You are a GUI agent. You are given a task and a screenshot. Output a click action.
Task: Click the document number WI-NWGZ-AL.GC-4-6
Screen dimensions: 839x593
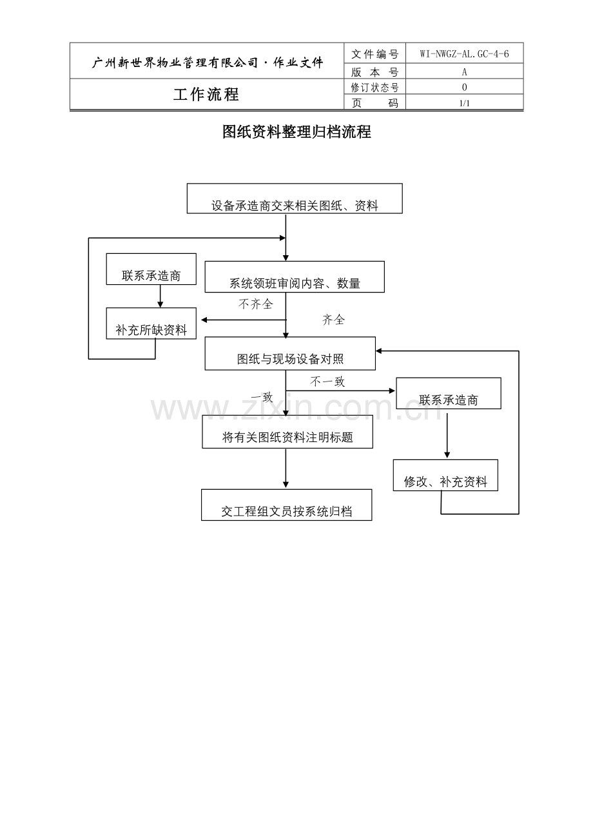464,54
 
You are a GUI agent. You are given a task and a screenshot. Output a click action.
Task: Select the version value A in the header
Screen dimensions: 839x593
464,72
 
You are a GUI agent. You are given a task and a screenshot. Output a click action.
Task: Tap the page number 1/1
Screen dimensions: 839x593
464,103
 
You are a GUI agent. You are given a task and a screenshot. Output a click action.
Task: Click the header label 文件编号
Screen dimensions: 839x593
375,54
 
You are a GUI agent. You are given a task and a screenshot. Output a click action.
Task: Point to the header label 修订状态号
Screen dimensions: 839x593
375,88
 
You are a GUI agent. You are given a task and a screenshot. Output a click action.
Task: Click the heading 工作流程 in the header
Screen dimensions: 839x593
206,95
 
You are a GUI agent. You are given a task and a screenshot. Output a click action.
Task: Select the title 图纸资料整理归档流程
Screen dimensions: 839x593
296,132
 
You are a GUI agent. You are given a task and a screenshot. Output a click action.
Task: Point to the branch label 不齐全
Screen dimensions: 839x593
255,304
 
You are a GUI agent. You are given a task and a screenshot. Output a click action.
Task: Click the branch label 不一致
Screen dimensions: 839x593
327,381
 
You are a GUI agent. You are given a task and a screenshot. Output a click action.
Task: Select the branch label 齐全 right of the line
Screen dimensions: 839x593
333,320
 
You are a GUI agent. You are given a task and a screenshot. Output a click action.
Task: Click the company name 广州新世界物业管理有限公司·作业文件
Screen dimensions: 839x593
208,63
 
